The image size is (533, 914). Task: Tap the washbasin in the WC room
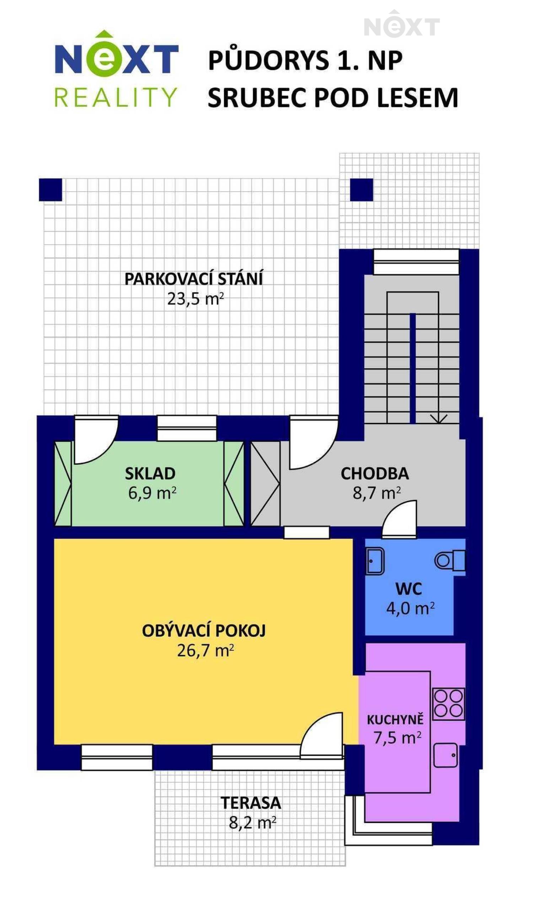pyautogui.click(x=375, y=561)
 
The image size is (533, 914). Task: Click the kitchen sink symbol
pyautogui.click(x=446, y=755)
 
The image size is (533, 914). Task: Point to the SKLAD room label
pyautogui.click(x=150, y=473)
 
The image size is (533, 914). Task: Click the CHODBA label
pyautogui.click(x=375, y=473)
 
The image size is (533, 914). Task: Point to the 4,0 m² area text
pyautogui.click(x=410, y=608)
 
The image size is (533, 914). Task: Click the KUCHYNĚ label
pyautogui.click(x=395, y=720)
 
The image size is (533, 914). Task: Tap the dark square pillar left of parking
pyautogui.click(x=51, y=189)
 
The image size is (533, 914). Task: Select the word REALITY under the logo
pyautogui.click(x=116, y=97)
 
